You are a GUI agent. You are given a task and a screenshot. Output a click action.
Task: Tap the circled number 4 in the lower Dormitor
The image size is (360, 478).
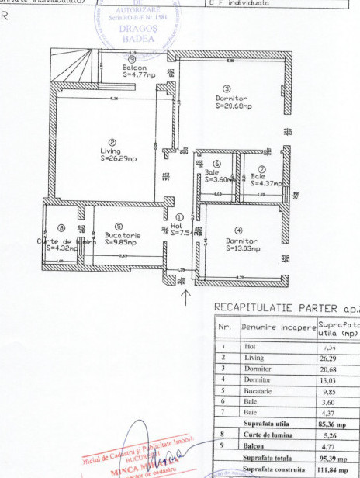[238, 230]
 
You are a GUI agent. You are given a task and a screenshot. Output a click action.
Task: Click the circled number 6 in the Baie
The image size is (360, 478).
[216, 164]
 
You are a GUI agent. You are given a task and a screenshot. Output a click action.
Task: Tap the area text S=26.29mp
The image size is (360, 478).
[118, 159]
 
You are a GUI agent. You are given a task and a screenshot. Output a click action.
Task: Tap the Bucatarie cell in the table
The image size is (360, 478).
[255, 392]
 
